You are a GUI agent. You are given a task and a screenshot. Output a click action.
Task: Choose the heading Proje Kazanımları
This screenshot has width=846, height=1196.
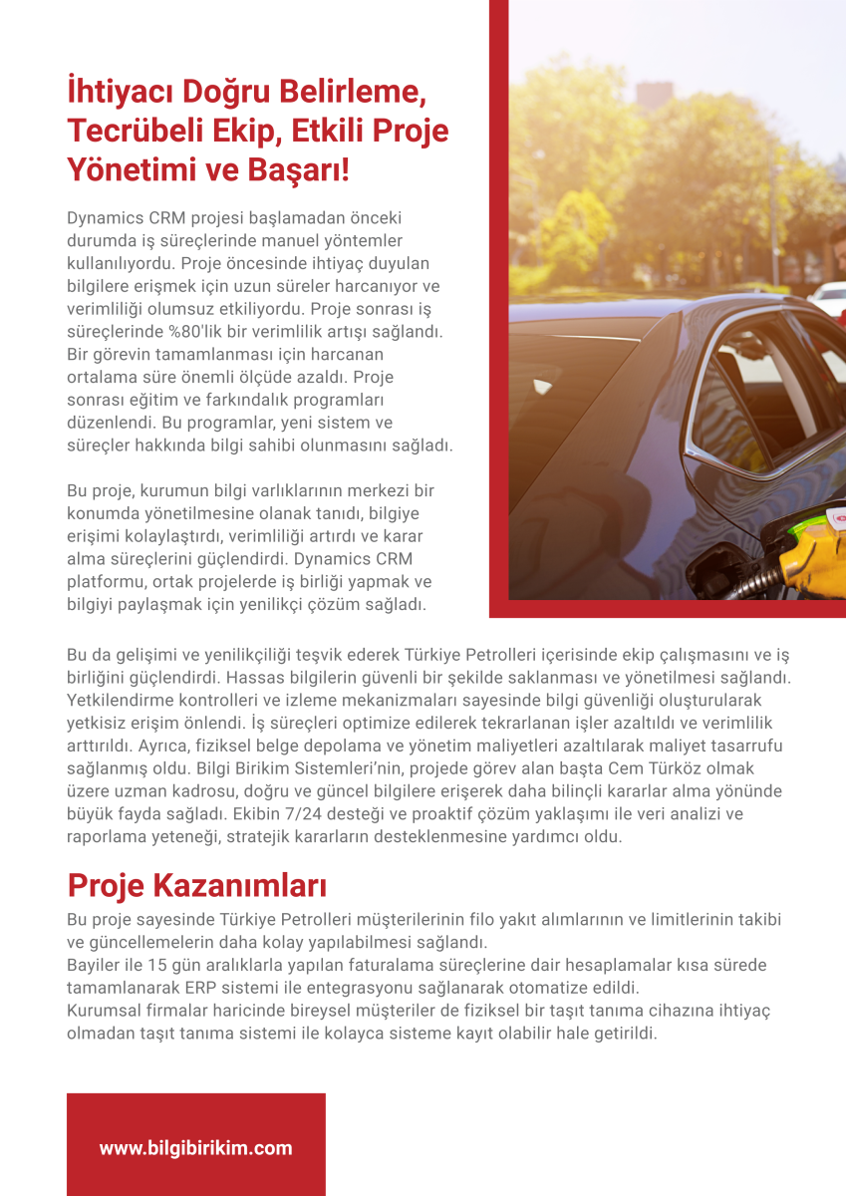[x=197, y=884]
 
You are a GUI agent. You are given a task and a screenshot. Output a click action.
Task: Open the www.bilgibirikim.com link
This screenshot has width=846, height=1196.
[x=195, y=1148]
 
